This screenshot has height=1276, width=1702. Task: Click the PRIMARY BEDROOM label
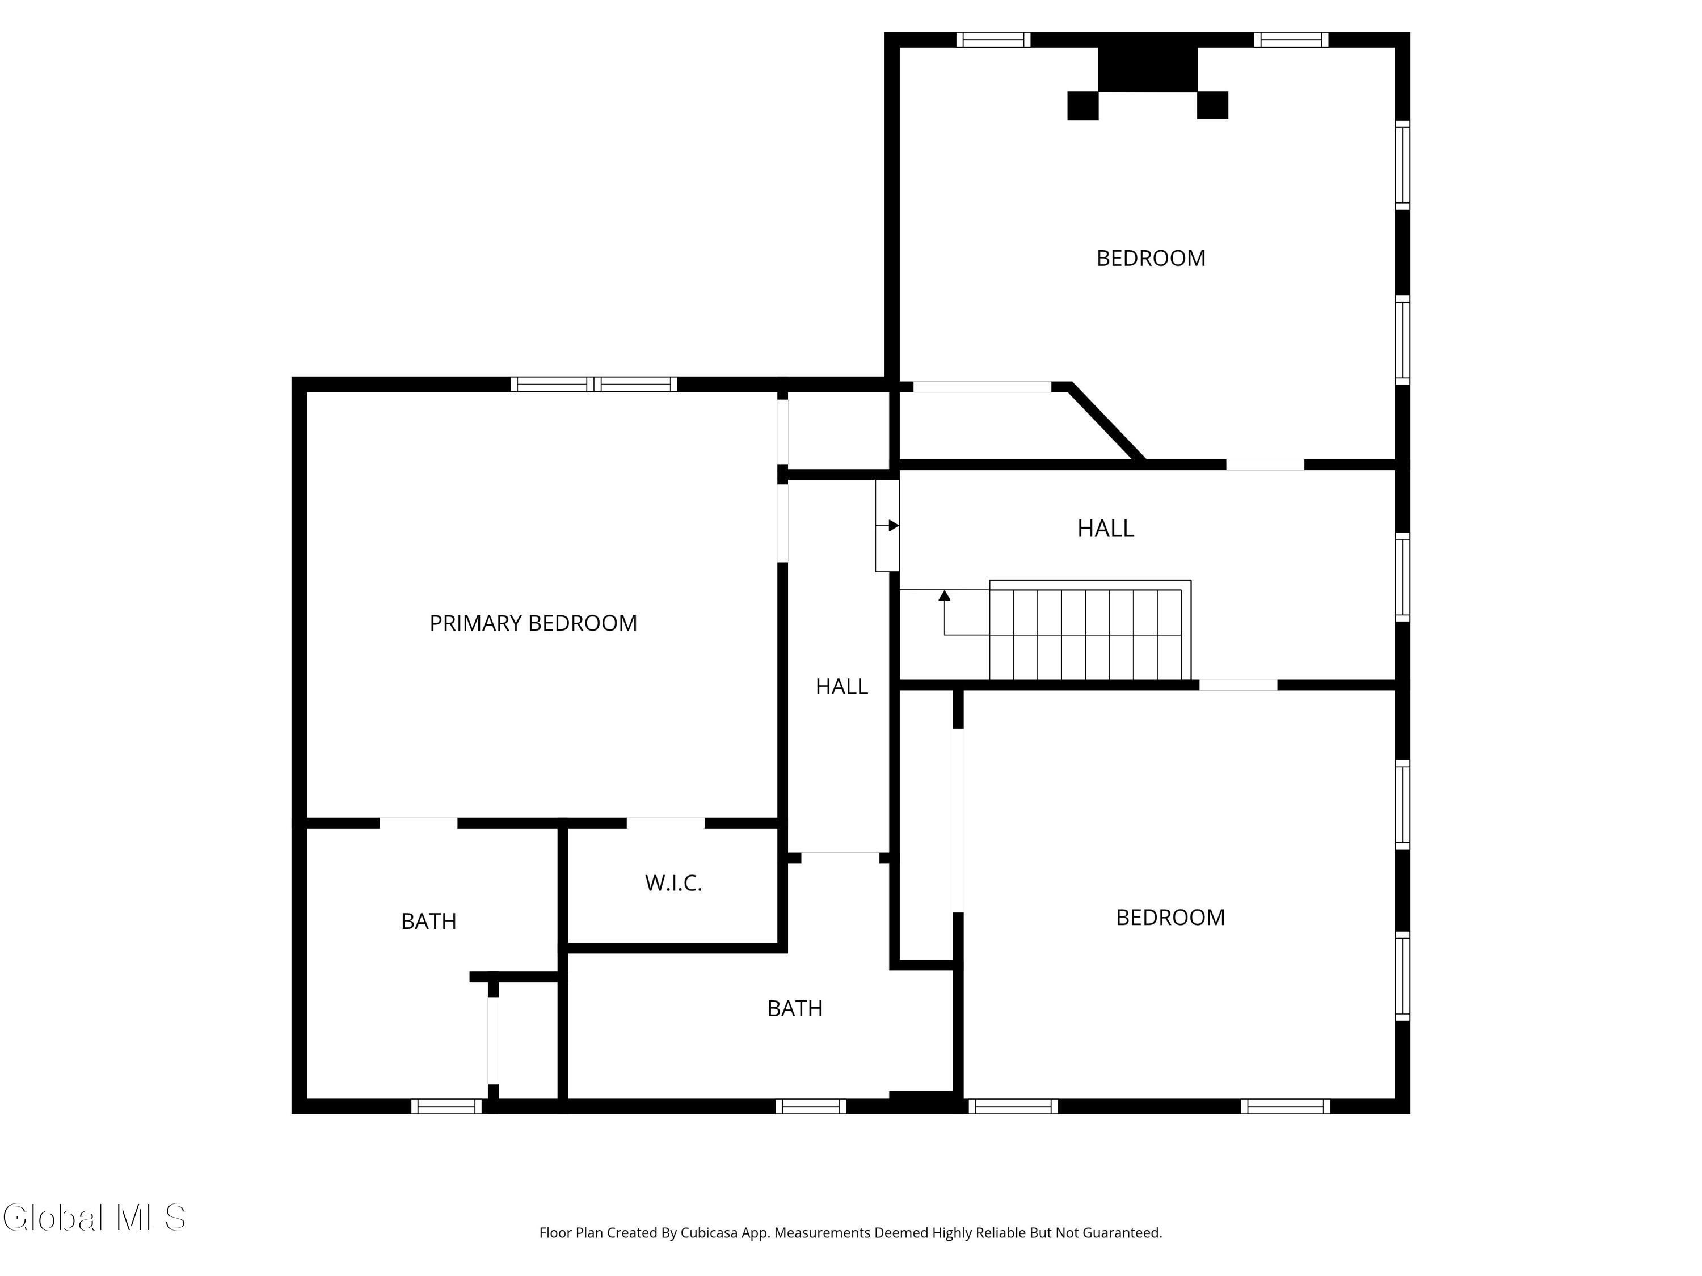click(533, 623)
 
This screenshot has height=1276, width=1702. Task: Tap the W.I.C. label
click(673, 883)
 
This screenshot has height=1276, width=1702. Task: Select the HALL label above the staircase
click(1106, 529)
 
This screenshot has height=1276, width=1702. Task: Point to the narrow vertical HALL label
click(842, 686)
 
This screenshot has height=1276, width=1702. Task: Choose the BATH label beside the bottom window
click(795, 1008)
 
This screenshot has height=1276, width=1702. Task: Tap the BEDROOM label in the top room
click(1151, 259)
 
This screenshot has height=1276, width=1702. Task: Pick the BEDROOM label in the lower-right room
click(1170, 918)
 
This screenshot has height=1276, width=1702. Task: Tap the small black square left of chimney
click(1082, 105)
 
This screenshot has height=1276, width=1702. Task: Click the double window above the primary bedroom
click(594, 384)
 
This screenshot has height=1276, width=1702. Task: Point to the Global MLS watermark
click(94, 1218)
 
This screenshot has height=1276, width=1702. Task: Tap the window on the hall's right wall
click(1402, 577)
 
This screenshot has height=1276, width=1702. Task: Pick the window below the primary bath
click(446, 1106)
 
